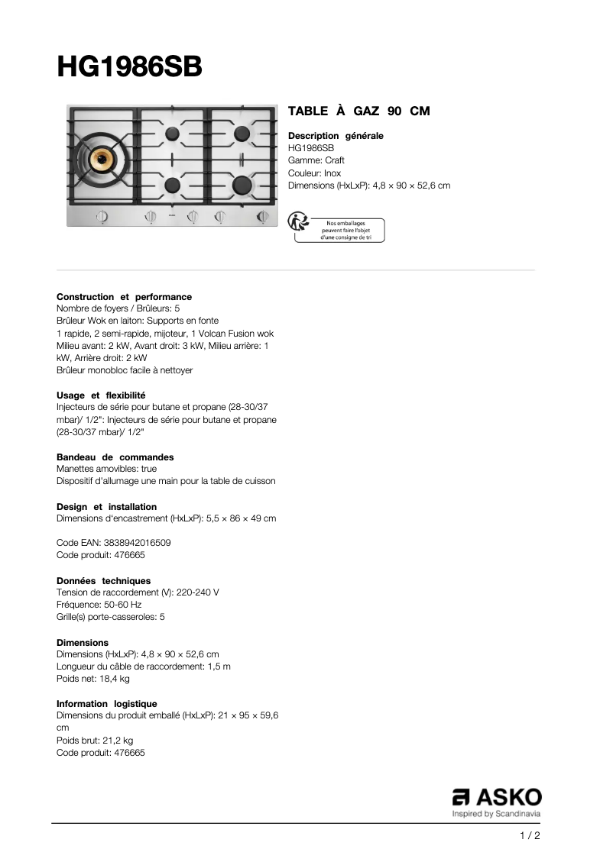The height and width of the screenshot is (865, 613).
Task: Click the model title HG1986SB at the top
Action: click(x=130, y=67)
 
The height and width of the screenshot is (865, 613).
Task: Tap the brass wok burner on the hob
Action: click(x=101, y=159)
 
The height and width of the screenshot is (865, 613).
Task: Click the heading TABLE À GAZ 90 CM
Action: click(x=358, y=111)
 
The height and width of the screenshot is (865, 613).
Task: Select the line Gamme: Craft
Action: click(x=316, y=160)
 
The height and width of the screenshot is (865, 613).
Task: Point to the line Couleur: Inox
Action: click(x=314, y=173)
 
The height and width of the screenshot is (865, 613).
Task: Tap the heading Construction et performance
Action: click(x=124, y=296)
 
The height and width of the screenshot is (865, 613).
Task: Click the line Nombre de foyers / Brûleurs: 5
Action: click(x=118, y=308)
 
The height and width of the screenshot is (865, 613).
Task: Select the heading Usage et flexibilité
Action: click(x=101, y=395)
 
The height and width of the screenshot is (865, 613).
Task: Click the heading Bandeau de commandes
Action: click(x=115, y=457)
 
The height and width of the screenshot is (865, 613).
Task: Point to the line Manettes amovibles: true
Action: click(x=106, y=469)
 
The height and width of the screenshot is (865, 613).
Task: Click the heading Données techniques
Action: click(x=103, y=580)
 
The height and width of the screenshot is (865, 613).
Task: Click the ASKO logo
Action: click(x=497, y=797)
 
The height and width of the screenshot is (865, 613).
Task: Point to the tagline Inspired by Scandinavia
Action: click(x=497, y=814)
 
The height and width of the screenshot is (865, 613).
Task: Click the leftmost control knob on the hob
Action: click(x=102, y=218)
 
